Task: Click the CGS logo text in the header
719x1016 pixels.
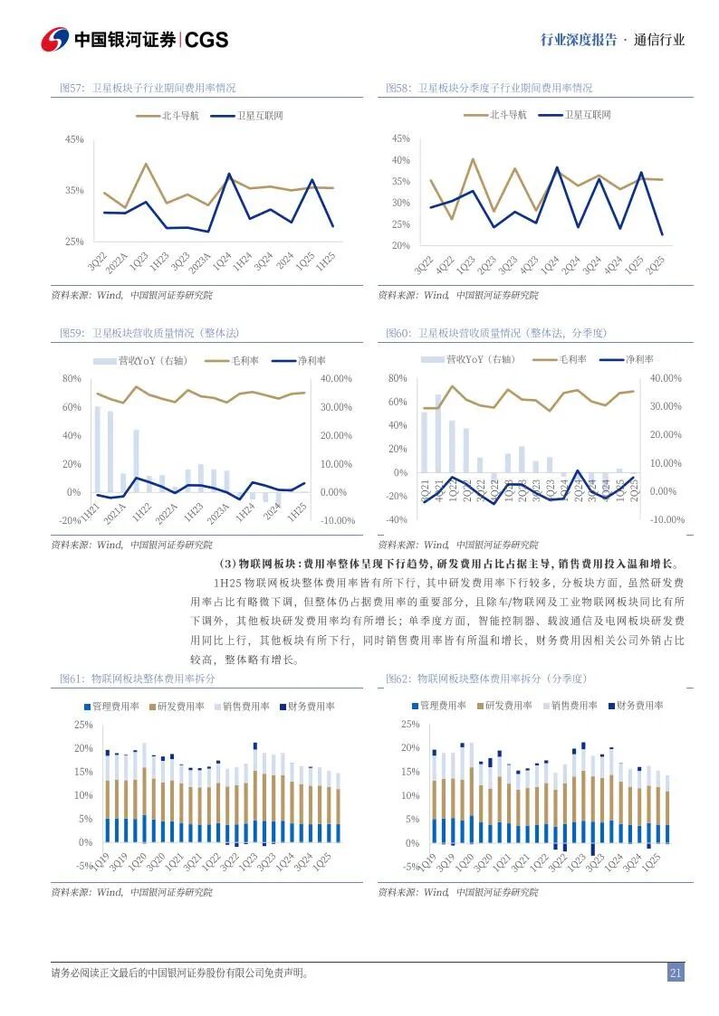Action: tap(207, 40)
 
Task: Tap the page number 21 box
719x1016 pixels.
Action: tap(675, 973)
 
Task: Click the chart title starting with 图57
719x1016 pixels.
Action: tap(147, 88)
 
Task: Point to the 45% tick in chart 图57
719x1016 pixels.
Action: tap(74, 139)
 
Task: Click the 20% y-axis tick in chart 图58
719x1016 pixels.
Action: tap(400, 245)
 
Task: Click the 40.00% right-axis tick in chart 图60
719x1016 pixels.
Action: tap(666, 377)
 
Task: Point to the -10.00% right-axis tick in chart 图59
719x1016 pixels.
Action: tap(339, 520)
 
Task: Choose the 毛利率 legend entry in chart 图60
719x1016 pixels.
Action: tap(572, 359)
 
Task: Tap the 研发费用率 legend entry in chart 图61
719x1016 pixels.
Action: tap(180, 707)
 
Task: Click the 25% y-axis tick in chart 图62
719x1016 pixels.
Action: tap(409, 725)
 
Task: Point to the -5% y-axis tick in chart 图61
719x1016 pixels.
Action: tap(82, 866)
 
